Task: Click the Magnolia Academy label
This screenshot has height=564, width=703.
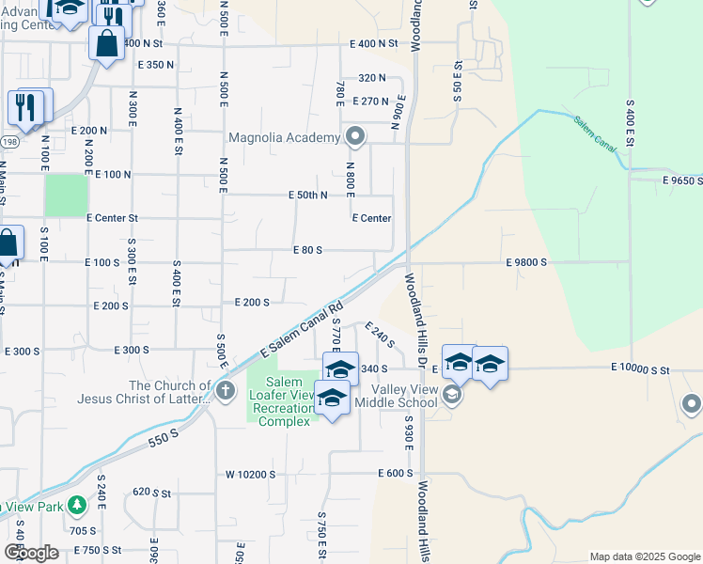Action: (283, 138)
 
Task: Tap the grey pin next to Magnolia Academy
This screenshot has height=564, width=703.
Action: (355, 137)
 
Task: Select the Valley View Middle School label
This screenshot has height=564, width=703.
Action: (404, 396)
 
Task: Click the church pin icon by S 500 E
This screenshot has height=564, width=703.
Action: (225, 390)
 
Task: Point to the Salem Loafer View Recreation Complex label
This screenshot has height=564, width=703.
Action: (282, 401)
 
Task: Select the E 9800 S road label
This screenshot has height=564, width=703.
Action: (525, 263)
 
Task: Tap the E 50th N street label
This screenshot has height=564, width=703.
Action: (307, 196)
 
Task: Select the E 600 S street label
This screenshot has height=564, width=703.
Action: (396, 474)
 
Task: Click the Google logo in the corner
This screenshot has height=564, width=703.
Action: (30, 553)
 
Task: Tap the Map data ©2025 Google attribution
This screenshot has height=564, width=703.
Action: (644, 556)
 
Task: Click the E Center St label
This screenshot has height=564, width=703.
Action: (112, 218)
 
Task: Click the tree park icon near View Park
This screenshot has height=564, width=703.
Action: (76, 506)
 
